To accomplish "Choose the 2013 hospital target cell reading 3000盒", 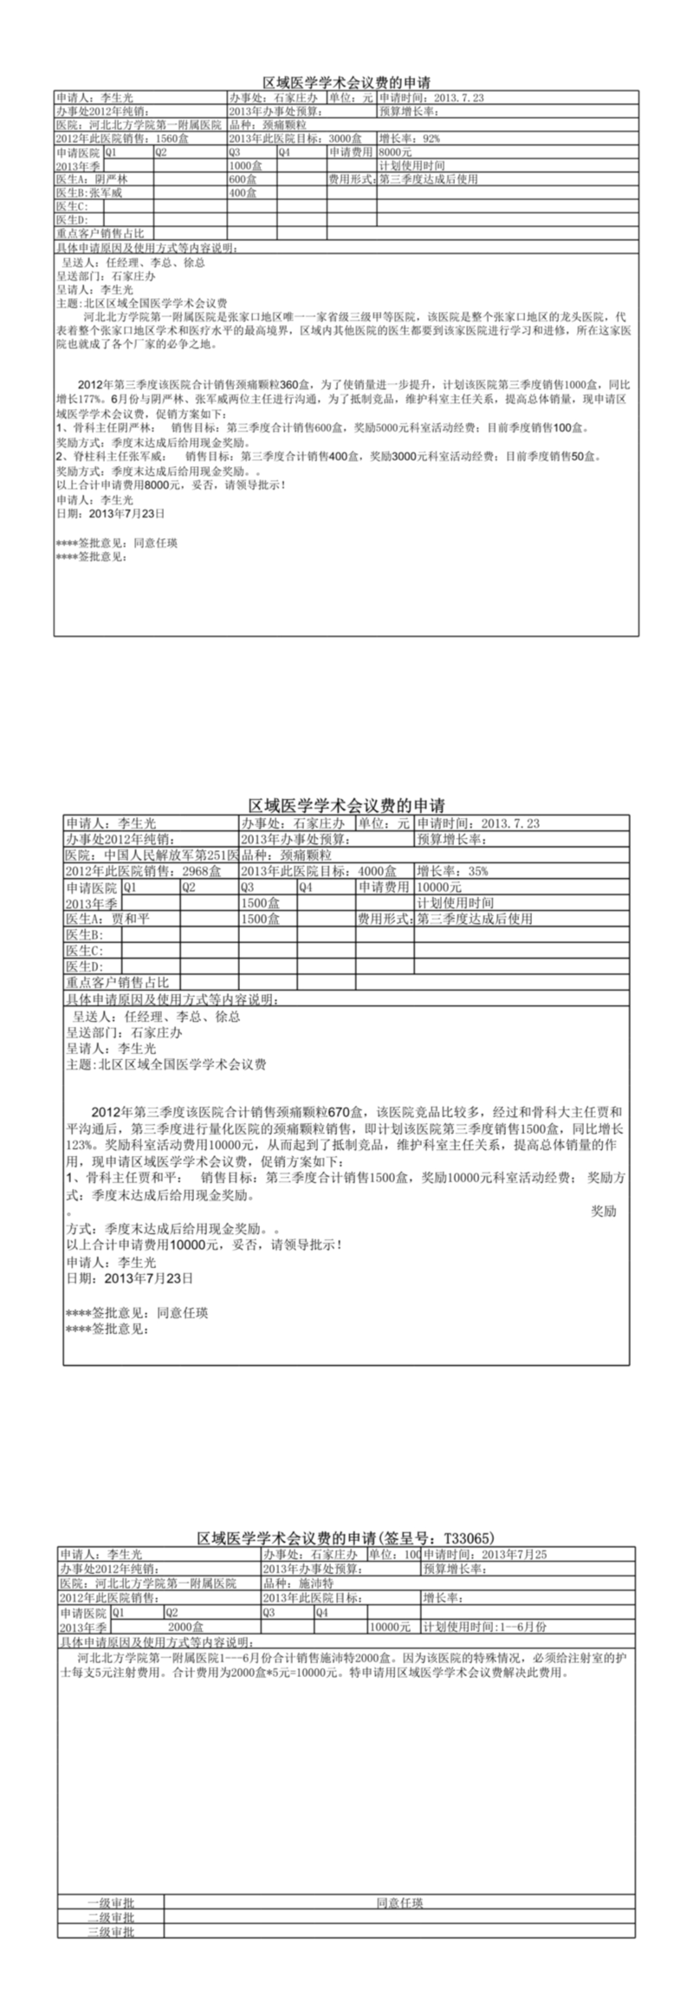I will (x=295, y=139).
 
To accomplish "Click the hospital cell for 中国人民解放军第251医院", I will (x=152, y=855).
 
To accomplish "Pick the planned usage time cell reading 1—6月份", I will (x=485, y=1627).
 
